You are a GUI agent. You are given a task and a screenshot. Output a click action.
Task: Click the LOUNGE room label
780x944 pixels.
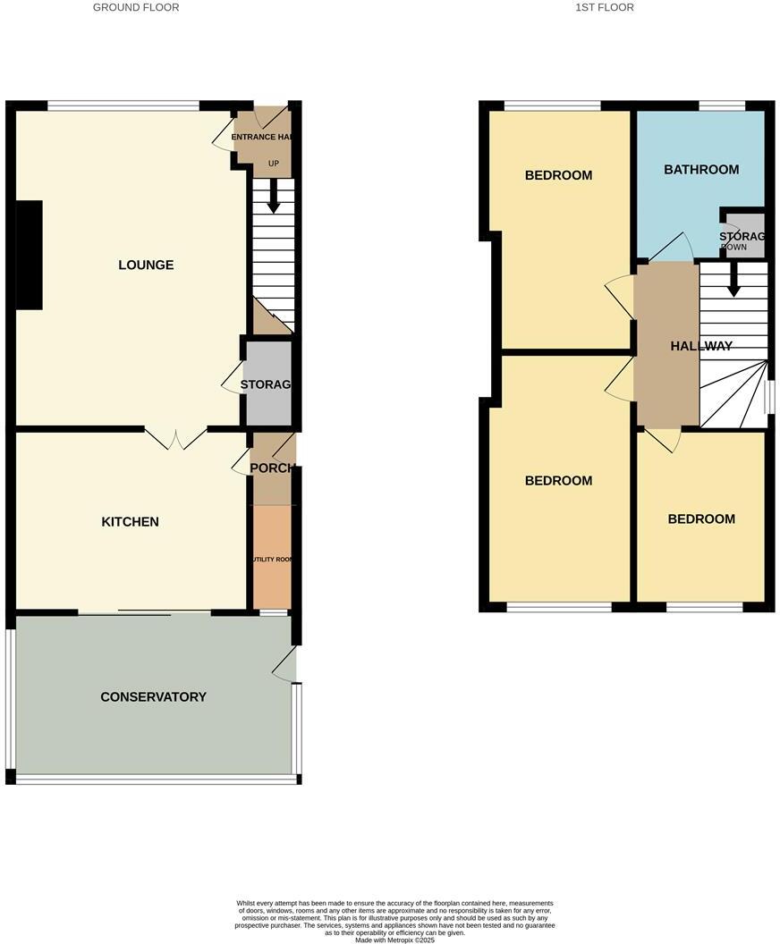146,265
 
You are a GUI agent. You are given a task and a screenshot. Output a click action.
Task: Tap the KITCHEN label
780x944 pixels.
131,522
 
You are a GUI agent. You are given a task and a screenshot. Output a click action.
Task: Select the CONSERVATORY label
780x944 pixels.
153,697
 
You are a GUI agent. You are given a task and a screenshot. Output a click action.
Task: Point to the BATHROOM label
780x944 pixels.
701,170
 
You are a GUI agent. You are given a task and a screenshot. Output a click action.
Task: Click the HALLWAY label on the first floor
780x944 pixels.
701,347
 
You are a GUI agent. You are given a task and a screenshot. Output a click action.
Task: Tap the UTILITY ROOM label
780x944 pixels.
272,560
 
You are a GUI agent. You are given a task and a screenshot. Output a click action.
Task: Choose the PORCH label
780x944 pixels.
272,468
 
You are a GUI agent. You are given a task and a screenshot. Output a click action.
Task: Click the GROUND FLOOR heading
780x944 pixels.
136,7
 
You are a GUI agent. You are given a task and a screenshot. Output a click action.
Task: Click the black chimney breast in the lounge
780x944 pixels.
29,255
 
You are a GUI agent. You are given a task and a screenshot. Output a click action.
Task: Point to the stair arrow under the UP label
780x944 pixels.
274,196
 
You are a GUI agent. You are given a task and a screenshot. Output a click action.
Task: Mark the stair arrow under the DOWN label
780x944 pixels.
733,279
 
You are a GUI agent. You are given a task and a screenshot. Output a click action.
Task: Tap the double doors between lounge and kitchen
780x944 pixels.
176,438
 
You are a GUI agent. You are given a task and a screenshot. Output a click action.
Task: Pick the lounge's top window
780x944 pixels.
123,105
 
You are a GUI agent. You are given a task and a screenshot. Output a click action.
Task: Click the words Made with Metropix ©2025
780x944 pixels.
394,940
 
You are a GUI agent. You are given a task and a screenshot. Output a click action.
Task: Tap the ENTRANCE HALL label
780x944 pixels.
264,137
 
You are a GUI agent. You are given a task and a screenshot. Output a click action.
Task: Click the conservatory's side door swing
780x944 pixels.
284,666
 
